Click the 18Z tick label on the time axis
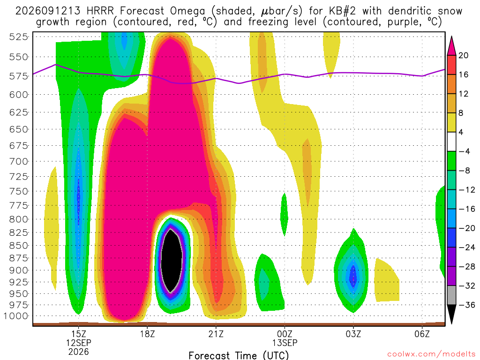click(x=147, y=334)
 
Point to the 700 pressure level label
click(x=18, y=161)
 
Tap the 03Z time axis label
click(x=353, y=334)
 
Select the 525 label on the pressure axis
click(x=18, y=37)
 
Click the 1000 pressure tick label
click(x=15, y=316)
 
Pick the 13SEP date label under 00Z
click(x=285, y=343)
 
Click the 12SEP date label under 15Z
click(x=79, y=343)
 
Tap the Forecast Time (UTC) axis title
click(x=239, y=355)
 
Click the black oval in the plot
click(x=172, y=261)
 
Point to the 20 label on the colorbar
click(x=464, y=55)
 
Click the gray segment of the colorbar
click(x=451, y=295)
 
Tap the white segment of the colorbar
click(x=451, y=142)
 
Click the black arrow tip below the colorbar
click(x=451, y=323)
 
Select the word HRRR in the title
click(x=100, y=11)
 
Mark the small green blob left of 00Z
click(x=285, y=215)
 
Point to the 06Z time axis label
click(x=422, y=334)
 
